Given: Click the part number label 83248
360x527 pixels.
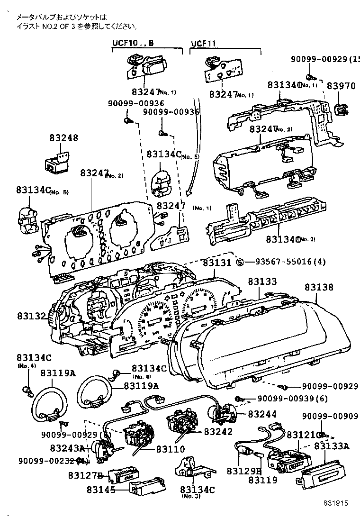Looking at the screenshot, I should (63, 138).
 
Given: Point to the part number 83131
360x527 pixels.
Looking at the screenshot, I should (216, 262).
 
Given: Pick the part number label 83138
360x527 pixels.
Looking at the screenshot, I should (319, 287).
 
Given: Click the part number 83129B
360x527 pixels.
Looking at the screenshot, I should (244, 471).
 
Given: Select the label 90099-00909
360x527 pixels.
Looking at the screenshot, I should (331, 416).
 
